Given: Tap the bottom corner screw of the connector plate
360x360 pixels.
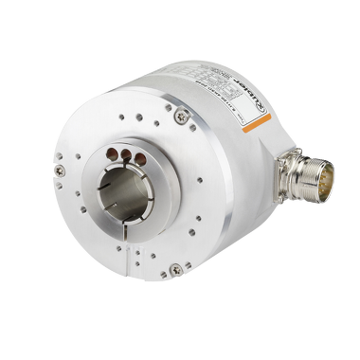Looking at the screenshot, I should (292, 195).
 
